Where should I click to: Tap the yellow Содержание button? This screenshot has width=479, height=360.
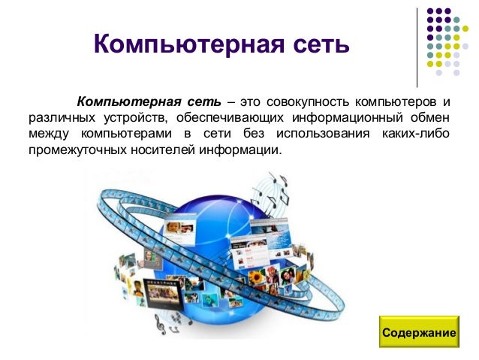[x=419, y=332]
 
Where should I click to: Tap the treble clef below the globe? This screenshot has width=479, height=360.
[x=160, y=324]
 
